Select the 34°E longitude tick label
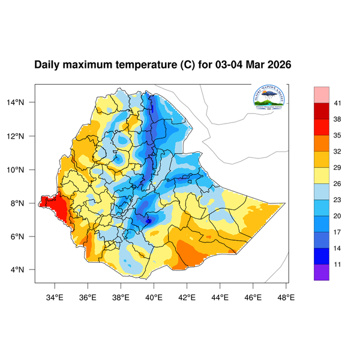[x=55, y=296]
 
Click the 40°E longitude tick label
[x=154, y=296]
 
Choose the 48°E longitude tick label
[x=286, y=296]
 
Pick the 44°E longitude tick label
[x=220, y=296]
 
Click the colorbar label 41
[x=338, y=103]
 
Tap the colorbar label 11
[x=338, y=263]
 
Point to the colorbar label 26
[x=338, y=184]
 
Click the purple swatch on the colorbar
[x=322, y=272]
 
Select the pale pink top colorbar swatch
[x=322, y=94]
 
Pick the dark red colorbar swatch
[x=322, y=111]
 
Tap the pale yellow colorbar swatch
[x=322, y=175]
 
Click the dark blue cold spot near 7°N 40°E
[x=148, y=221]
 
